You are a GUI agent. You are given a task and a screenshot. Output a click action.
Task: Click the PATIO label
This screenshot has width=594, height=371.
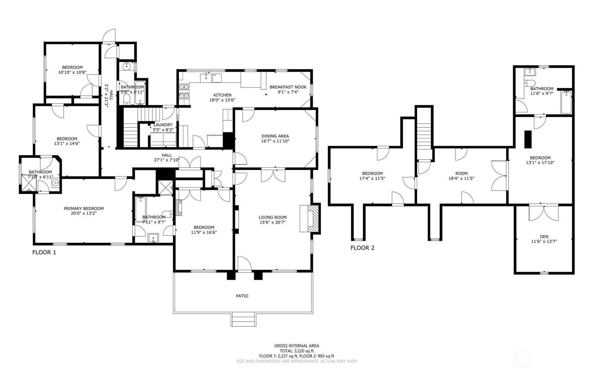click(x=242, y=296)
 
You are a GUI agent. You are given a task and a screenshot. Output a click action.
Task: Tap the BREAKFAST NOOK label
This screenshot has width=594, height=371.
click(x=288, y=87)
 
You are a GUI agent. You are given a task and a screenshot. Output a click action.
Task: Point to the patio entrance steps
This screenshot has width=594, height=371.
click(x=243, y=319)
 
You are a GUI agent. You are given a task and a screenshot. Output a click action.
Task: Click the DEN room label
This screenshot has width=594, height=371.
click(x=544, y=237)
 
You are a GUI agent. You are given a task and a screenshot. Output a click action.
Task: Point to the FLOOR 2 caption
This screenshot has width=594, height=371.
click(x=362, y=248)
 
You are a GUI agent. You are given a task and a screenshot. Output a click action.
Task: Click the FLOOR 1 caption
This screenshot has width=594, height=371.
click(x=44, y=252)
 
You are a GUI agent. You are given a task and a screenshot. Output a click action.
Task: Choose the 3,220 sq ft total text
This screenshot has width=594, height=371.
click(x=296, y=351)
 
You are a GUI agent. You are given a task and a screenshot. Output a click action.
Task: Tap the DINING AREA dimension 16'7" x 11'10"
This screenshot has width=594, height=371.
click(x=275, y=141)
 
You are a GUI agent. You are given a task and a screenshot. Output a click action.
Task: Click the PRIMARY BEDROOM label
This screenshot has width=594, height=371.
click(x=84, y=209)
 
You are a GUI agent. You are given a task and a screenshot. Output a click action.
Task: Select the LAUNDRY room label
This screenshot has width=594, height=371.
click(x=163, y=125)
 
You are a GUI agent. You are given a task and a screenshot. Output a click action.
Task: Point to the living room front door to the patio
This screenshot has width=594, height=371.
click(x=244, y=265)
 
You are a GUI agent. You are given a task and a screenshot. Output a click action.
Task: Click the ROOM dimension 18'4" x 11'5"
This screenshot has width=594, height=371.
click(x=461, y=178)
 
